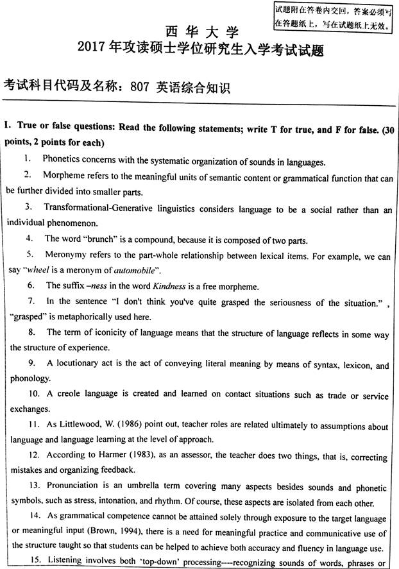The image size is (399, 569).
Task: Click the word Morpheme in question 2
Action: [65, 175]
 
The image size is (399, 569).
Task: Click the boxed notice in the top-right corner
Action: [332, 17]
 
